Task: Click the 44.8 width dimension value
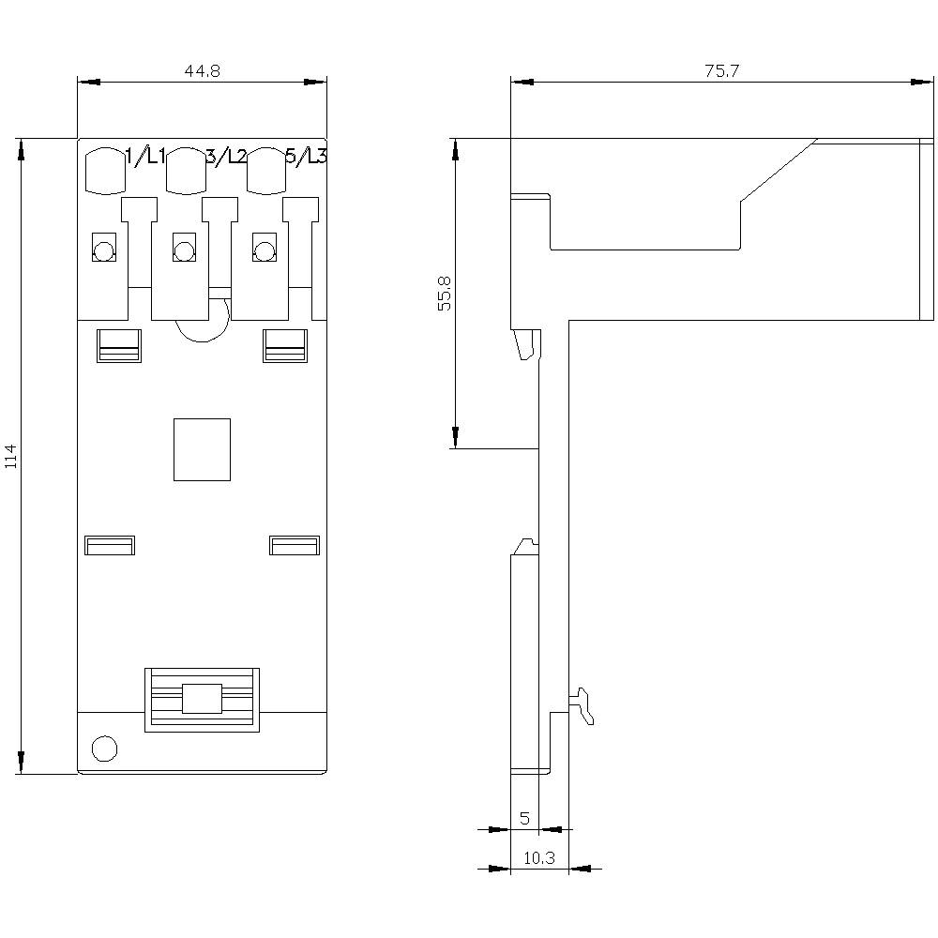pyautogui.click(x=202, y=71)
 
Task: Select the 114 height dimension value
pyautogui.click(x=10, y=456)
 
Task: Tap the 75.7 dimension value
pyautogui.click(x=722, y=71)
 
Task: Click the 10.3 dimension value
pyautogui.click(x=538, y=857)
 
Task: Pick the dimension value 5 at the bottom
pyautogui.click(x=524, y=818)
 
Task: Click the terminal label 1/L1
pyautogui.click(x=145, y=157)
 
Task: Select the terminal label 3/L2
pyautogui.click(x=225, y=157)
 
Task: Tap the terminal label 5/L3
pyautogui.click(x=306, y=157)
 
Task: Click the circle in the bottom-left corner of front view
pyautogui.click(x=104, y=748)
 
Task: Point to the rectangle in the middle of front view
pyautogui.click(x=202, y=449)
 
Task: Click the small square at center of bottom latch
pyautogui.click(x=202, y=699)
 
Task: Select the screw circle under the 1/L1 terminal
pyautogui.click(x=103, y=250)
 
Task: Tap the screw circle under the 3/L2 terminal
pyautogui.click(x=184, y=250)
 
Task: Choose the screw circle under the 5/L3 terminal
pyautogui.click(x=265, y=250)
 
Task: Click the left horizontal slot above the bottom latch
pyautogui.click(x=110, y=545)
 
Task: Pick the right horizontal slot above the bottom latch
pyautogui.click(x=295, y=545)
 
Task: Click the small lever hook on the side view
pyautogui.click(x=585, y=705)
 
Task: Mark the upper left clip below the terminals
pyautogui.click(x=118, y=345)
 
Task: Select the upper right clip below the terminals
pyautogui.click(x=285, y=345)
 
